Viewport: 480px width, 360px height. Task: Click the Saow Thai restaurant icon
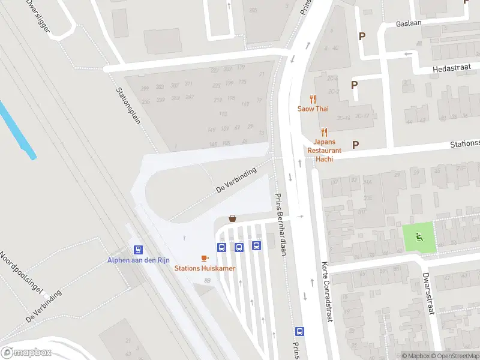pyautogui.click(x=312, y=99)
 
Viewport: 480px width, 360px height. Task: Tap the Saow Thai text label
pyautogui.click(x=312, y=109)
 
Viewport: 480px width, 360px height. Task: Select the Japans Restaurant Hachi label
pyautogui.click(x=324, y=146)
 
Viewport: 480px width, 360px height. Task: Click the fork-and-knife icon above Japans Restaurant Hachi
pyautogui.click(x=324, y=132)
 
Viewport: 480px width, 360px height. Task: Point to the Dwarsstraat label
pyautogui.click(x=427, y=293)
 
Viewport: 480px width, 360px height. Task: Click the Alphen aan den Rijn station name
pyautogui.click(x=139, y=260)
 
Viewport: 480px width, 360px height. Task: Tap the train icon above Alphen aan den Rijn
pyautogui.click(x=138, y=250)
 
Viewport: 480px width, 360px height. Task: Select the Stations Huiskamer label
pyautogui.click(x=205, y=268)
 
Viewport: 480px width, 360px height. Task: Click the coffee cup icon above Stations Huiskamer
pyautogui.click(x=205, y=258)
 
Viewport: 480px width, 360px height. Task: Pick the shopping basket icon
pyautogui.click(x=232, y=219)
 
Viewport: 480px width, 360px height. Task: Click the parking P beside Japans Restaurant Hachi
pyautogui.click(x=355, y=144)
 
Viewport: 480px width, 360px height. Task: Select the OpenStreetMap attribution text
pyautogui.click(x=455, y=356)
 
